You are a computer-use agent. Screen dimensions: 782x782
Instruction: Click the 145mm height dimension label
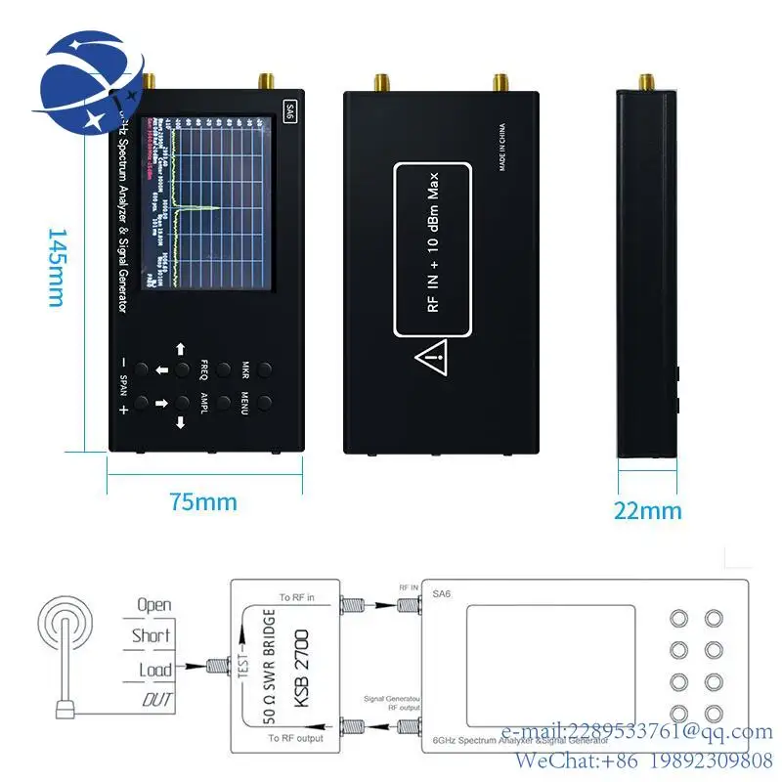(56, 268)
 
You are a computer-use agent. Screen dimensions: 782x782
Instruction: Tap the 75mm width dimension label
(203, 502)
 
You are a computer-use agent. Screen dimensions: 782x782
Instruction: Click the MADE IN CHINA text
(502, 147)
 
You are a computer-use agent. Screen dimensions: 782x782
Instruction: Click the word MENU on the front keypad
(245, 403)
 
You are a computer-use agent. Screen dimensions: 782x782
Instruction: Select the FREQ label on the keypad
(204, 370)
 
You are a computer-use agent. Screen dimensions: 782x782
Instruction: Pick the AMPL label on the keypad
(204, 403)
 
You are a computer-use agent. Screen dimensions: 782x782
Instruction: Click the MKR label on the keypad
(245, 370)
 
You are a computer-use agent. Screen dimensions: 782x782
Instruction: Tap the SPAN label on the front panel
(123, 387)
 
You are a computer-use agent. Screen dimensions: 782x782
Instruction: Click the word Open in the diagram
(153, 605)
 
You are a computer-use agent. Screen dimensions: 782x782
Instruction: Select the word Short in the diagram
(152, 635)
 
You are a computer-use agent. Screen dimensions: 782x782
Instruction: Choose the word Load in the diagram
(154, 670)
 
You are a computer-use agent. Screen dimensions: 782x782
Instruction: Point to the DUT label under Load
(156, 699)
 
